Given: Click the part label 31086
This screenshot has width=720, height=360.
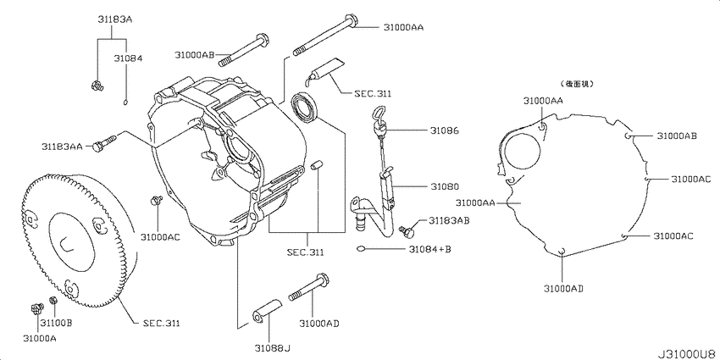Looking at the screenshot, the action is point(444,130).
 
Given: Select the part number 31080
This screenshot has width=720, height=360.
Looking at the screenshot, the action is point(445,187).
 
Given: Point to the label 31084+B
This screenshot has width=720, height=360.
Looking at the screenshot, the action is point(429,249).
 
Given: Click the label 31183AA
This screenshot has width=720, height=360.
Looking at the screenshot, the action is point(63,147).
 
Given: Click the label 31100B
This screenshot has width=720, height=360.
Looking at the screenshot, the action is point(56,324).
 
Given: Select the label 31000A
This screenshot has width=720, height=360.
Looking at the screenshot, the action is point(40,338).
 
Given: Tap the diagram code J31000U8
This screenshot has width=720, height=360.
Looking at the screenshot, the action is point(688,354).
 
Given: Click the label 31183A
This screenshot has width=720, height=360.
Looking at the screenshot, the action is point(112,19).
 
